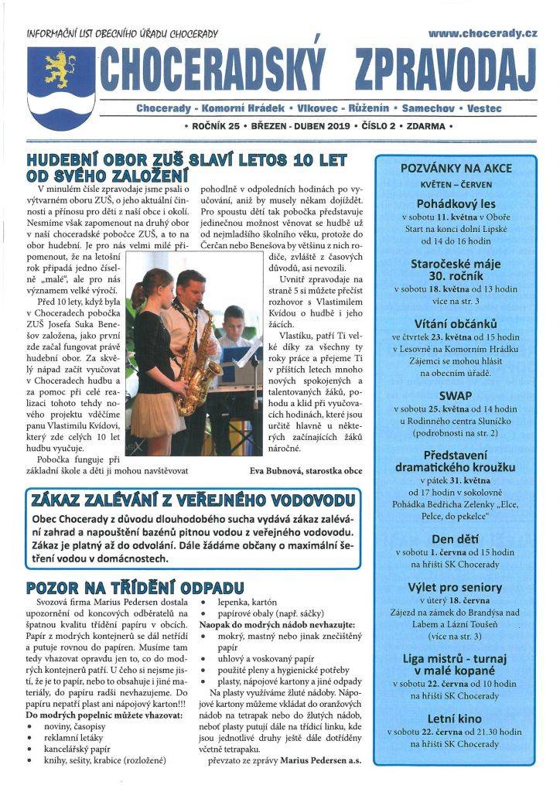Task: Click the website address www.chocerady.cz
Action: [483, 34]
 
